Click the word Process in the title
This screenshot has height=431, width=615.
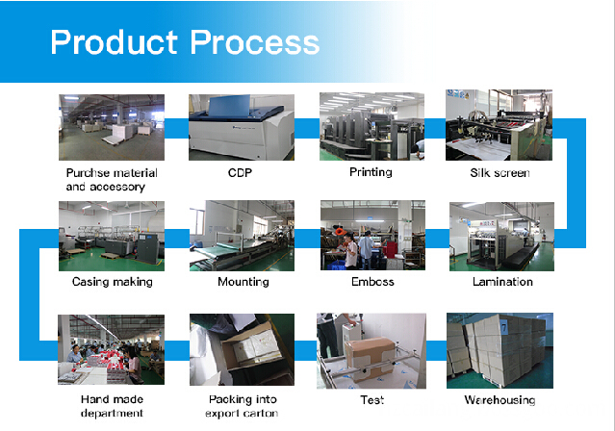254,42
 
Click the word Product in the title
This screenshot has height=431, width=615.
115,42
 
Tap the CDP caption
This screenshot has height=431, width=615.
240,172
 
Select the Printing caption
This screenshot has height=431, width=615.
371,172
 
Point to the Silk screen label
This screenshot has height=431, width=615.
500,173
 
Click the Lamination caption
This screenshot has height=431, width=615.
502,282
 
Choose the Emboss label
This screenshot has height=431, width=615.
372,282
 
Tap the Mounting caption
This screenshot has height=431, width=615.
243,282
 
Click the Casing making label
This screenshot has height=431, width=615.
113,282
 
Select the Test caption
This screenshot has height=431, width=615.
372,399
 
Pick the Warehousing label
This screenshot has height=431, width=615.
500,400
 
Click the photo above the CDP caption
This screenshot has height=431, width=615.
242,127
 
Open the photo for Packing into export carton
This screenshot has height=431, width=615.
242,349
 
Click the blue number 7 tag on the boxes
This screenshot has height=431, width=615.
504,327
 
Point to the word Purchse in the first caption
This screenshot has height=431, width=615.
88,173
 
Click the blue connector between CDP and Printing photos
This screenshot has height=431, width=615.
307,128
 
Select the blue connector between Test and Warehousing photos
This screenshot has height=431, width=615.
436,350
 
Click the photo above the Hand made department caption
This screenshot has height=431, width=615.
111,349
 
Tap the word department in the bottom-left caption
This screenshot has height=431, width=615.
112,413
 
